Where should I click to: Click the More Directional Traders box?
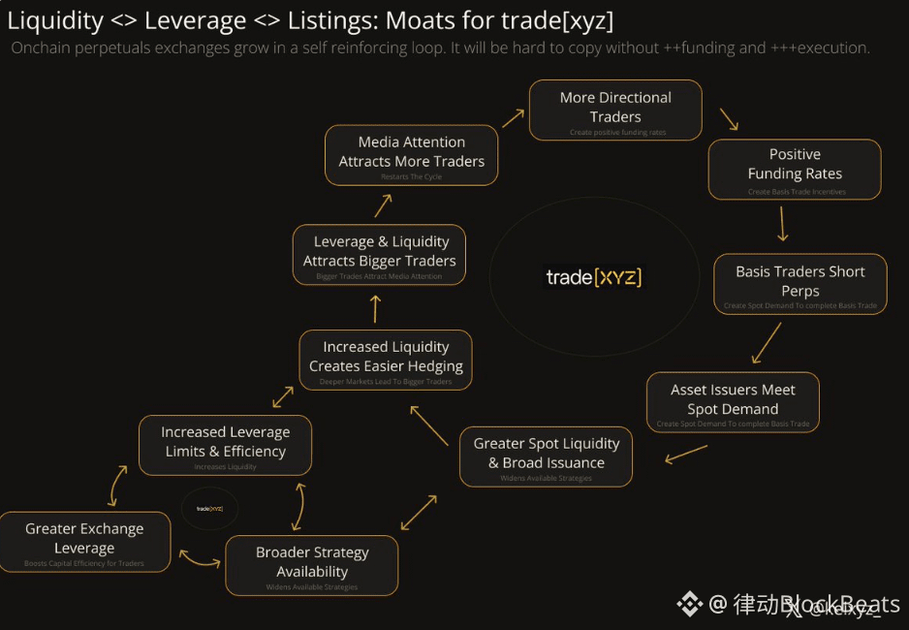click(615, 110)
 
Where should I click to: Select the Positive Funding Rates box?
click(795, 169)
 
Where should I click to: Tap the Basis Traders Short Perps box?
click(799, 283)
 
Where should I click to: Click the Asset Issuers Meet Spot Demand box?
click(733, 401)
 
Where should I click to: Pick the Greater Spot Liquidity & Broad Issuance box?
click(546, 456)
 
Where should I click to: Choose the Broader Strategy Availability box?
click(312, 564)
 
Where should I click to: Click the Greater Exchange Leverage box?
click(84, 541)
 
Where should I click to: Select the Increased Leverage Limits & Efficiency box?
click(225, 444)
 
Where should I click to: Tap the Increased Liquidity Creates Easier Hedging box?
click(386, 359)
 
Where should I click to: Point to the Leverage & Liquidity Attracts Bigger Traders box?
click(379, 254)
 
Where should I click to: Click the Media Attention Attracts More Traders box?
click(411, 154)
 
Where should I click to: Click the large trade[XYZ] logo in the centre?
click(594, 278)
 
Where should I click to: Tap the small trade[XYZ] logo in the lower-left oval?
click(209, 508)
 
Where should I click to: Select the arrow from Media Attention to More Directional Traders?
click(514, 118)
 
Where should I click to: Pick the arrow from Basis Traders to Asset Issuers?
click(767, 342)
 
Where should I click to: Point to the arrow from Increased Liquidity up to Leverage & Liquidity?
click(376, 309)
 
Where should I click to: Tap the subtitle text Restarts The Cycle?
click(411, 177)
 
